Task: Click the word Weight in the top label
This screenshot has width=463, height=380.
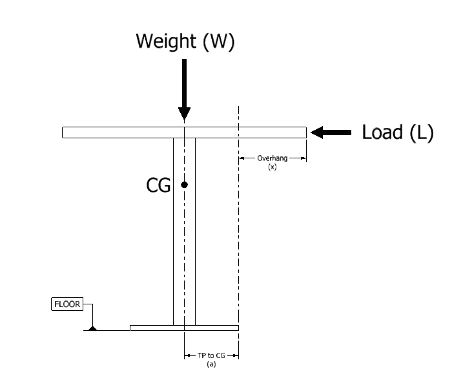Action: point(166,41)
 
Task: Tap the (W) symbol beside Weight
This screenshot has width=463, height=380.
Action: point(219,41)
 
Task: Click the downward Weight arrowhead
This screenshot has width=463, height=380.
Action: point(184,114)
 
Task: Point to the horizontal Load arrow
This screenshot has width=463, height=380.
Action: point(331,132)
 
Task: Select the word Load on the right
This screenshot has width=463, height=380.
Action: point(382,132)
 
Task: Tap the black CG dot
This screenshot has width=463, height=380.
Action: point(184,185)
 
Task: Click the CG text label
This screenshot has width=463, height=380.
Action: point(159,185)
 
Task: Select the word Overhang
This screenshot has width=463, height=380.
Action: point(273,158)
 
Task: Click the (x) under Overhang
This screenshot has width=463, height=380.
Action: point(273,167)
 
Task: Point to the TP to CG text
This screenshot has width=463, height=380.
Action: point(211,355)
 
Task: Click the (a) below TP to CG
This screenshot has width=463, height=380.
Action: point(211,364)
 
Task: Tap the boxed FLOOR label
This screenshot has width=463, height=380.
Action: point(67,304)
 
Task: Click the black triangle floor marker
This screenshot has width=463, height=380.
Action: point(93,328)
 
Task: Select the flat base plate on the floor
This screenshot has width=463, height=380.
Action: point(184,328)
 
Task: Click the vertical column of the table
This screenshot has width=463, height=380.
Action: point(184,231)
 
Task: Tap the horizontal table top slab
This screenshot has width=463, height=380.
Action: point(184,132)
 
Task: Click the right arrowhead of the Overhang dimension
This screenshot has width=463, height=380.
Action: point(304,158)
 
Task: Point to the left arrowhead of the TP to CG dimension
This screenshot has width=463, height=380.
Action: point(187,355)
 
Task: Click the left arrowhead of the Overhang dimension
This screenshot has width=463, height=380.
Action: point(242,158)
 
